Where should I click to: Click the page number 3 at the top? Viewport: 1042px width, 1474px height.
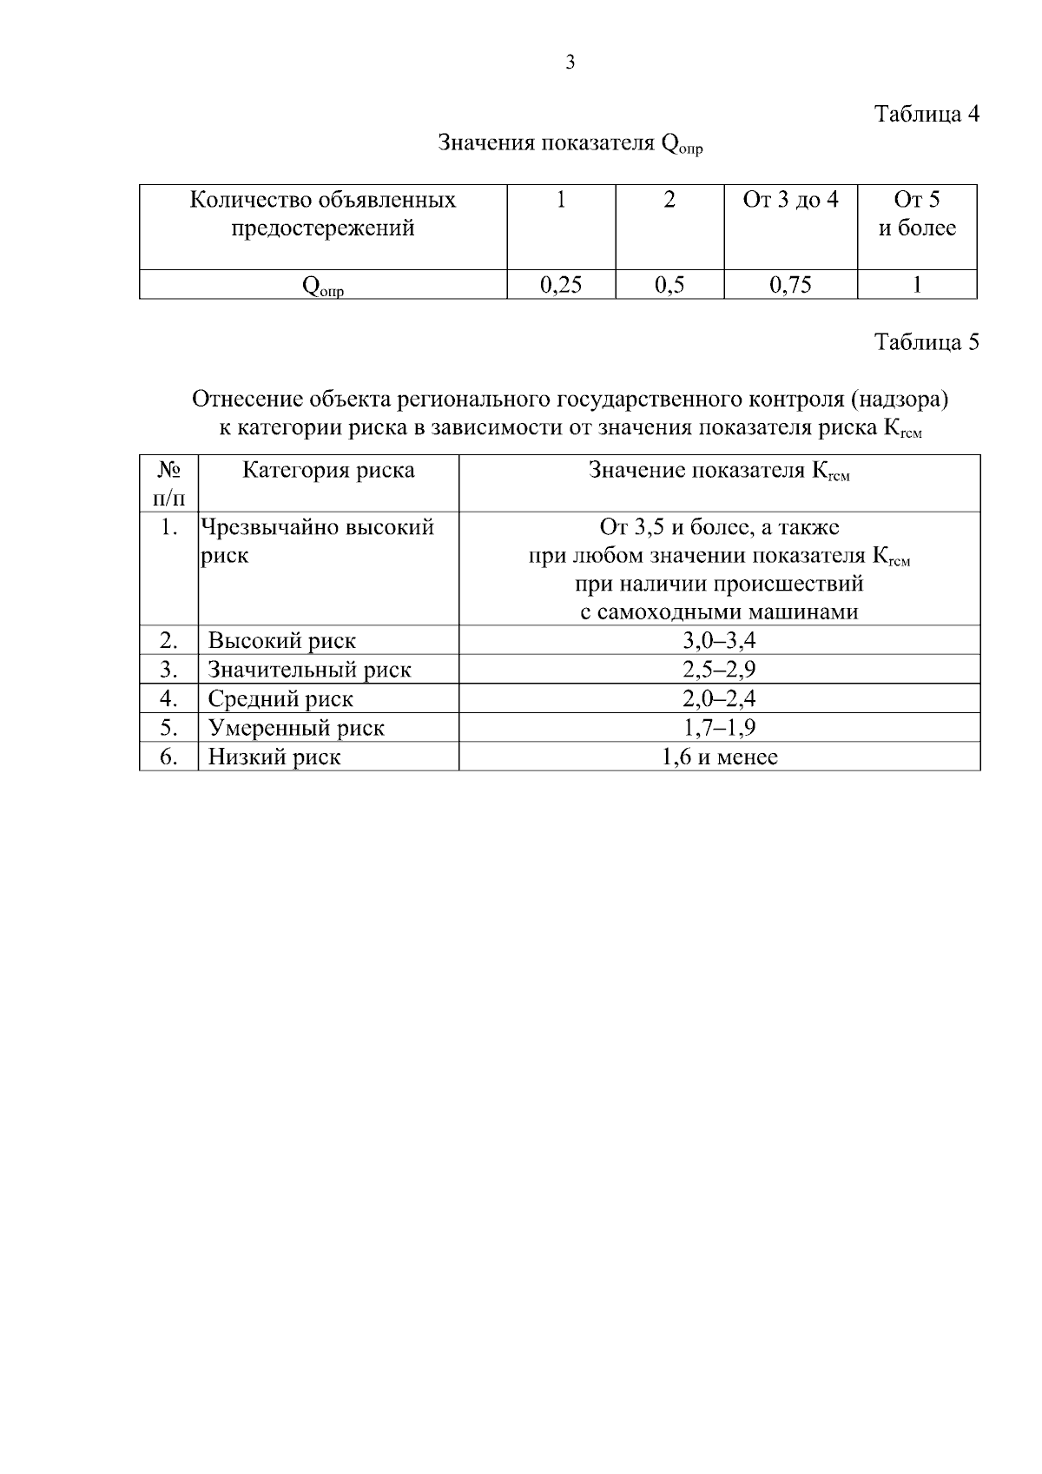click(570, 63)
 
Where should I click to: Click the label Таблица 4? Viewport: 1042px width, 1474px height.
click(927, 115)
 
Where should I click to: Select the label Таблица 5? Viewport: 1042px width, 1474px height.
click(927, 342)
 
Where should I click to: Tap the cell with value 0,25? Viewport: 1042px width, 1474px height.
click(561, 285)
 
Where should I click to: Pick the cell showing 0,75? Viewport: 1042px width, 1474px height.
click(790, 285)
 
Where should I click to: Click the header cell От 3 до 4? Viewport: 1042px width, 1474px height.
click(790, 201)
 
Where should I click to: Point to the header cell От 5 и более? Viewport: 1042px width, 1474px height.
click(917, 215)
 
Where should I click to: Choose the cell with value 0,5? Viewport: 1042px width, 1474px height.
click(669, 285)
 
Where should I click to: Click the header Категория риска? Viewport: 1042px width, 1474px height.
click(328, 471)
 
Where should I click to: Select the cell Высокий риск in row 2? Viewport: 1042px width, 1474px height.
click(281, 641)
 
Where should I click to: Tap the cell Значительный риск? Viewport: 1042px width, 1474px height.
click(309, 670)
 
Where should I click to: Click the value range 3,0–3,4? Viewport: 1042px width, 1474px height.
click(719, 641)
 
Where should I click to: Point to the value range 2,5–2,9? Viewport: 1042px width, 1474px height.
click(719, 670)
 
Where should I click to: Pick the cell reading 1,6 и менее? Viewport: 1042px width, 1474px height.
click(719, 757)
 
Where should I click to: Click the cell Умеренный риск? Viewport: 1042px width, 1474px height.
click(295, 728)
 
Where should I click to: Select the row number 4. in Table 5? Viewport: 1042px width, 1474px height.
click(169, 699)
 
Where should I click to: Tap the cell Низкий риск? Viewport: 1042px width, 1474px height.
click(274, 757)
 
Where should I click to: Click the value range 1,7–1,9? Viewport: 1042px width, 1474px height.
click(719, 728)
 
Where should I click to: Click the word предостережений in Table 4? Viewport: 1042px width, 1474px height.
click(322, 229)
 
